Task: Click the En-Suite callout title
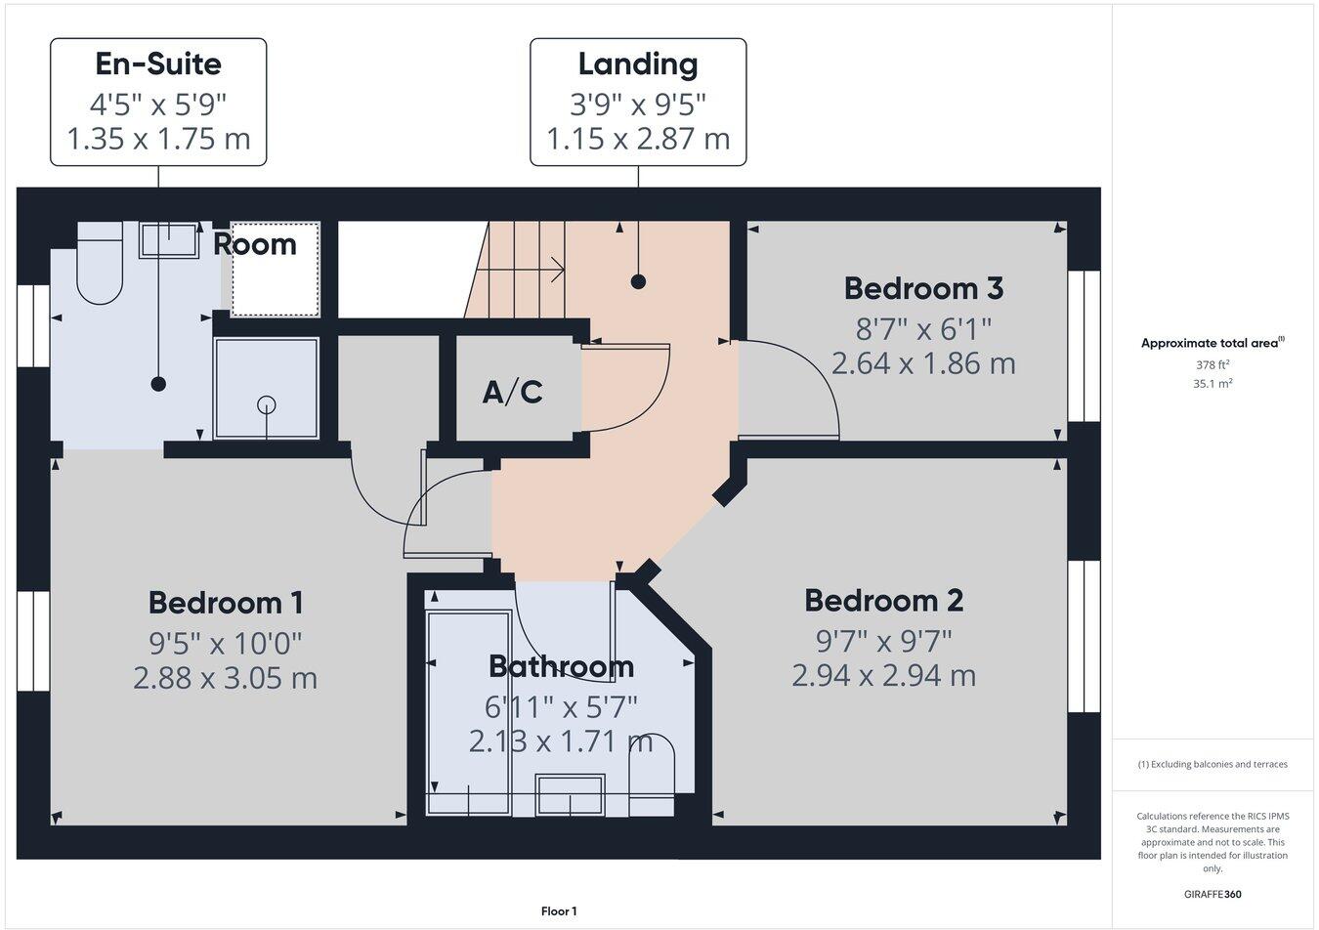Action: (158, 64)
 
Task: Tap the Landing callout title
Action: (638, 64)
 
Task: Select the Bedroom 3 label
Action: (923, 288)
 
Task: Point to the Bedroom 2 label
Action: (883, 600)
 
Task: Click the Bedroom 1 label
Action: (226, 602)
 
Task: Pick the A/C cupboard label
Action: (513, 393)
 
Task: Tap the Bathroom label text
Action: (561, 666)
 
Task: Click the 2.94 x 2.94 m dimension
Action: (883, 675)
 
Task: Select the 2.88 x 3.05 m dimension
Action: (226, 678)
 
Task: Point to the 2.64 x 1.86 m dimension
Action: (923, 363)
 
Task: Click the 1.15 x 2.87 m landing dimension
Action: (638, 139)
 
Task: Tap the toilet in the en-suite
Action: (99, 264)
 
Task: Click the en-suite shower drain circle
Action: (267, 404)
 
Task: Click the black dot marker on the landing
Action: (639, 282)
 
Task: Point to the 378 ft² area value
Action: (1213, 364)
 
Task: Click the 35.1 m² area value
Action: (1213, 384)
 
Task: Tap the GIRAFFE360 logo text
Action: (1213, 894)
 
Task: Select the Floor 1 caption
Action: (559, 911)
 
